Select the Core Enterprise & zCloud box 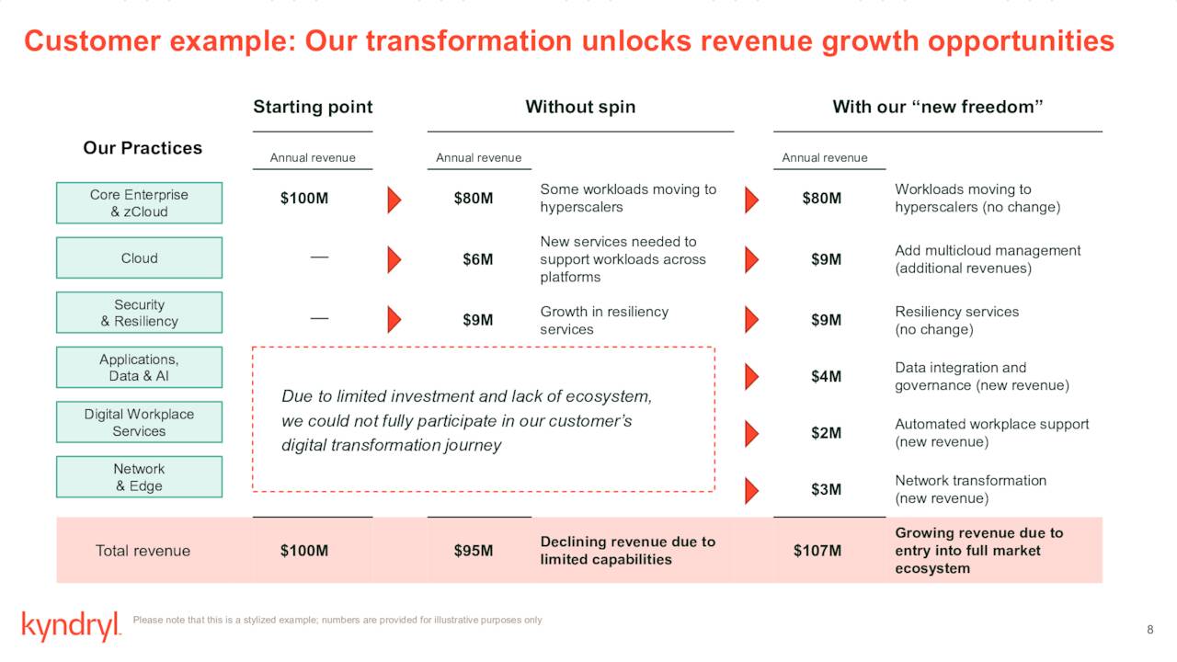139,203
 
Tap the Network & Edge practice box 139,477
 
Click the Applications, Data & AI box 139,368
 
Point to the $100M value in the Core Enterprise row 304,199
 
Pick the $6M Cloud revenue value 477,259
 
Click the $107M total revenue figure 817,551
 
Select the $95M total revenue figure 473,551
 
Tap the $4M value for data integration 826,376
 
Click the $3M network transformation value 826,489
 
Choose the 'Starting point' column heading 313,107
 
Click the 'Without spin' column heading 580,107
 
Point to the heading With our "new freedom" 937,107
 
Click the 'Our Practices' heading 143,148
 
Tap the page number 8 1149,629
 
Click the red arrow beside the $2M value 751,433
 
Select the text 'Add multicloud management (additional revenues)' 987,259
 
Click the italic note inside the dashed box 467,420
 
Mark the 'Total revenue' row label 143,551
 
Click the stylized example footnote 337,621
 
